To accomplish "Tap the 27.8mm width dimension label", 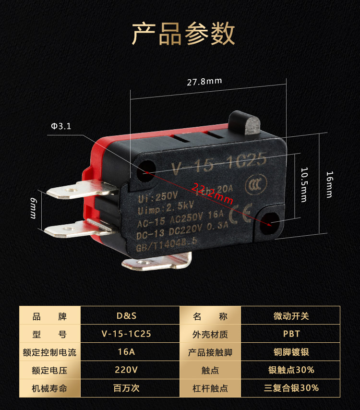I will [204, 81].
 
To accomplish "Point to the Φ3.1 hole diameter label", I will [61, 126].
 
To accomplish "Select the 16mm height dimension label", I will [329, 184].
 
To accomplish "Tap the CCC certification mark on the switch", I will [253, 186].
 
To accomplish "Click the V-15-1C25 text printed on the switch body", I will [218, 163].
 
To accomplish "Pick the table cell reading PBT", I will [291, 334].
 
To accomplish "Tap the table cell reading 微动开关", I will [291, 316].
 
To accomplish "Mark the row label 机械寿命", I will [49, 388].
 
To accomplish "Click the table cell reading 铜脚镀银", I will [291, 352].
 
